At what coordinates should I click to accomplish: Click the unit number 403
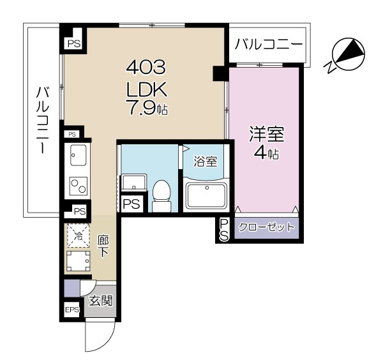(146, 68)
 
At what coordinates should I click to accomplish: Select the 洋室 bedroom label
(266, 134)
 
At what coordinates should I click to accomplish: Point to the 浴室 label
(206, 161)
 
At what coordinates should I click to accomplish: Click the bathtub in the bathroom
(207, 195)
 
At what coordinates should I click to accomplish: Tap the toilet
(161, 196)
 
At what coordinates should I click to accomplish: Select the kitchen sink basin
(78, 155)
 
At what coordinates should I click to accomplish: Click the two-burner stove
(79, 186)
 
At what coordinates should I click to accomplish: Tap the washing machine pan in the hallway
(78, 261)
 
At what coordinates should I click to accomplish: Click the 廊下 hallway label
(103, 246)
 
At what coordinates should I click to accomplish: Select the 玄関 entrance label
(101, 301)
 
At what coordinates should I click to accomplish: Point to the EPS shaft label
(72, 310)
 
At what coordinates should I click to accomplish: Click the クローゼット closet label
(266, 227)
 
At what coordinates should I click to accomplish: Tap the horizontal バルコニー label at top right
(269, 45)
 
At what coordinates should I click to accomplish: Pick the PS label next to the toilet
(131, 204)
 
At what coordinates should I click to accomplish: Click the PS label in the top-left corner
(74, 44)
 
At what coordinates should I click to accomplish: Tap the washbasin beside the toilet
(134, 182)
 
